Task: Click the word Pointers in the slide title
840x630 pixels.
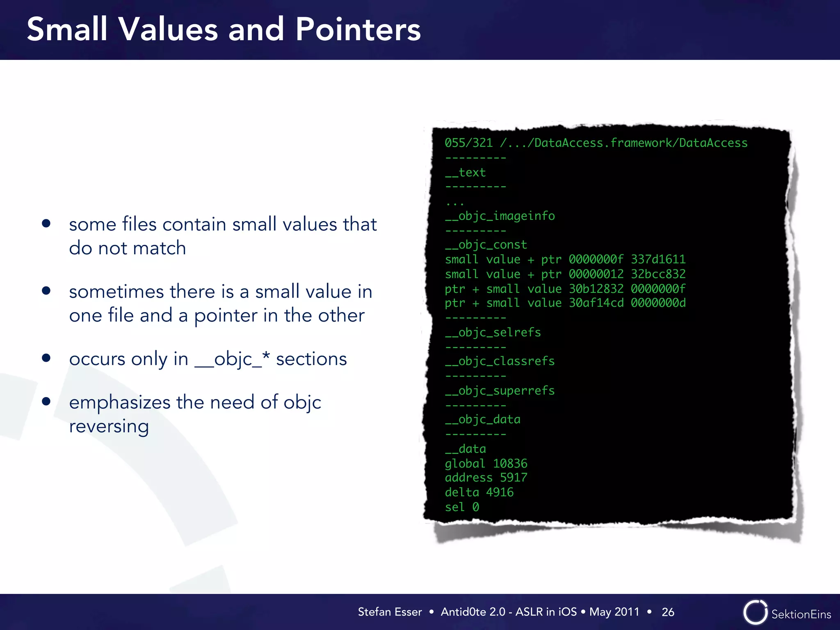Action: pos(358,30)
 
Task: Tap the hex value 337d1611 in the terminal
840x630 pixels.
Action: pos(658,259)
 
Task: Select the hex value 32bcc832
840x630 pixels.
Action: pos(658,274)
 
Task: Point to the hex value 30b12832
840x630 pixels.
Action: pos(596,289)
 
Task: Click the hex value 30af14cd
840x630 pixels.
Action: pos(596,303)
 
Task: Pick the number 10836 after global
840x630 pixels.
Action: pos(510,463)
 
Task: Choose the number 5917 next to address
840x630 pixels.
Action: pos(514,477)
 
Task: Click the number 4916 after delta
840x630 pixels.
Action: pos(500,492)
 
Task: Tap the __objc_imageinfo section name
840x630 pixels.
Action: pos(500,216)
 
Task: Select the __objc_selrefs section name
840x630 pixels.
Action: pos(493,332)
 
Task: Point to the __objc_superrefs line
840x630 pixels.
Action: pos(500,390)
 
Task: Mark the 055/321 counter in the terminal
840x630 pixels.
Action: pos(468,143)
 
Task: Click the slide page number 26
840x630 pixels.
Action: pos(668,612)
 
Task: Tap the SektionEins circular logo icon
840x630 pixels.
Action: pos(755,612)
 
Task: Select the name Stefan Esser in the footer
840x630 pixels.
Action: pos(390,612)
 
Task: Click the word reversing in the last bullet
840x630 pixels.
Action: pos(109,427)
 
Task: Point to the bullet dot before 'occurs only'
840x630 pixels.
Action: pos(46,358)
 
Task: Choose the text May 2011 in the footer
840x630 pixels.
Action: pos(614,612)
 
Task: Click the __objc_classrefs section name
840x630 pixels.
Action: pos(500,361)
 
